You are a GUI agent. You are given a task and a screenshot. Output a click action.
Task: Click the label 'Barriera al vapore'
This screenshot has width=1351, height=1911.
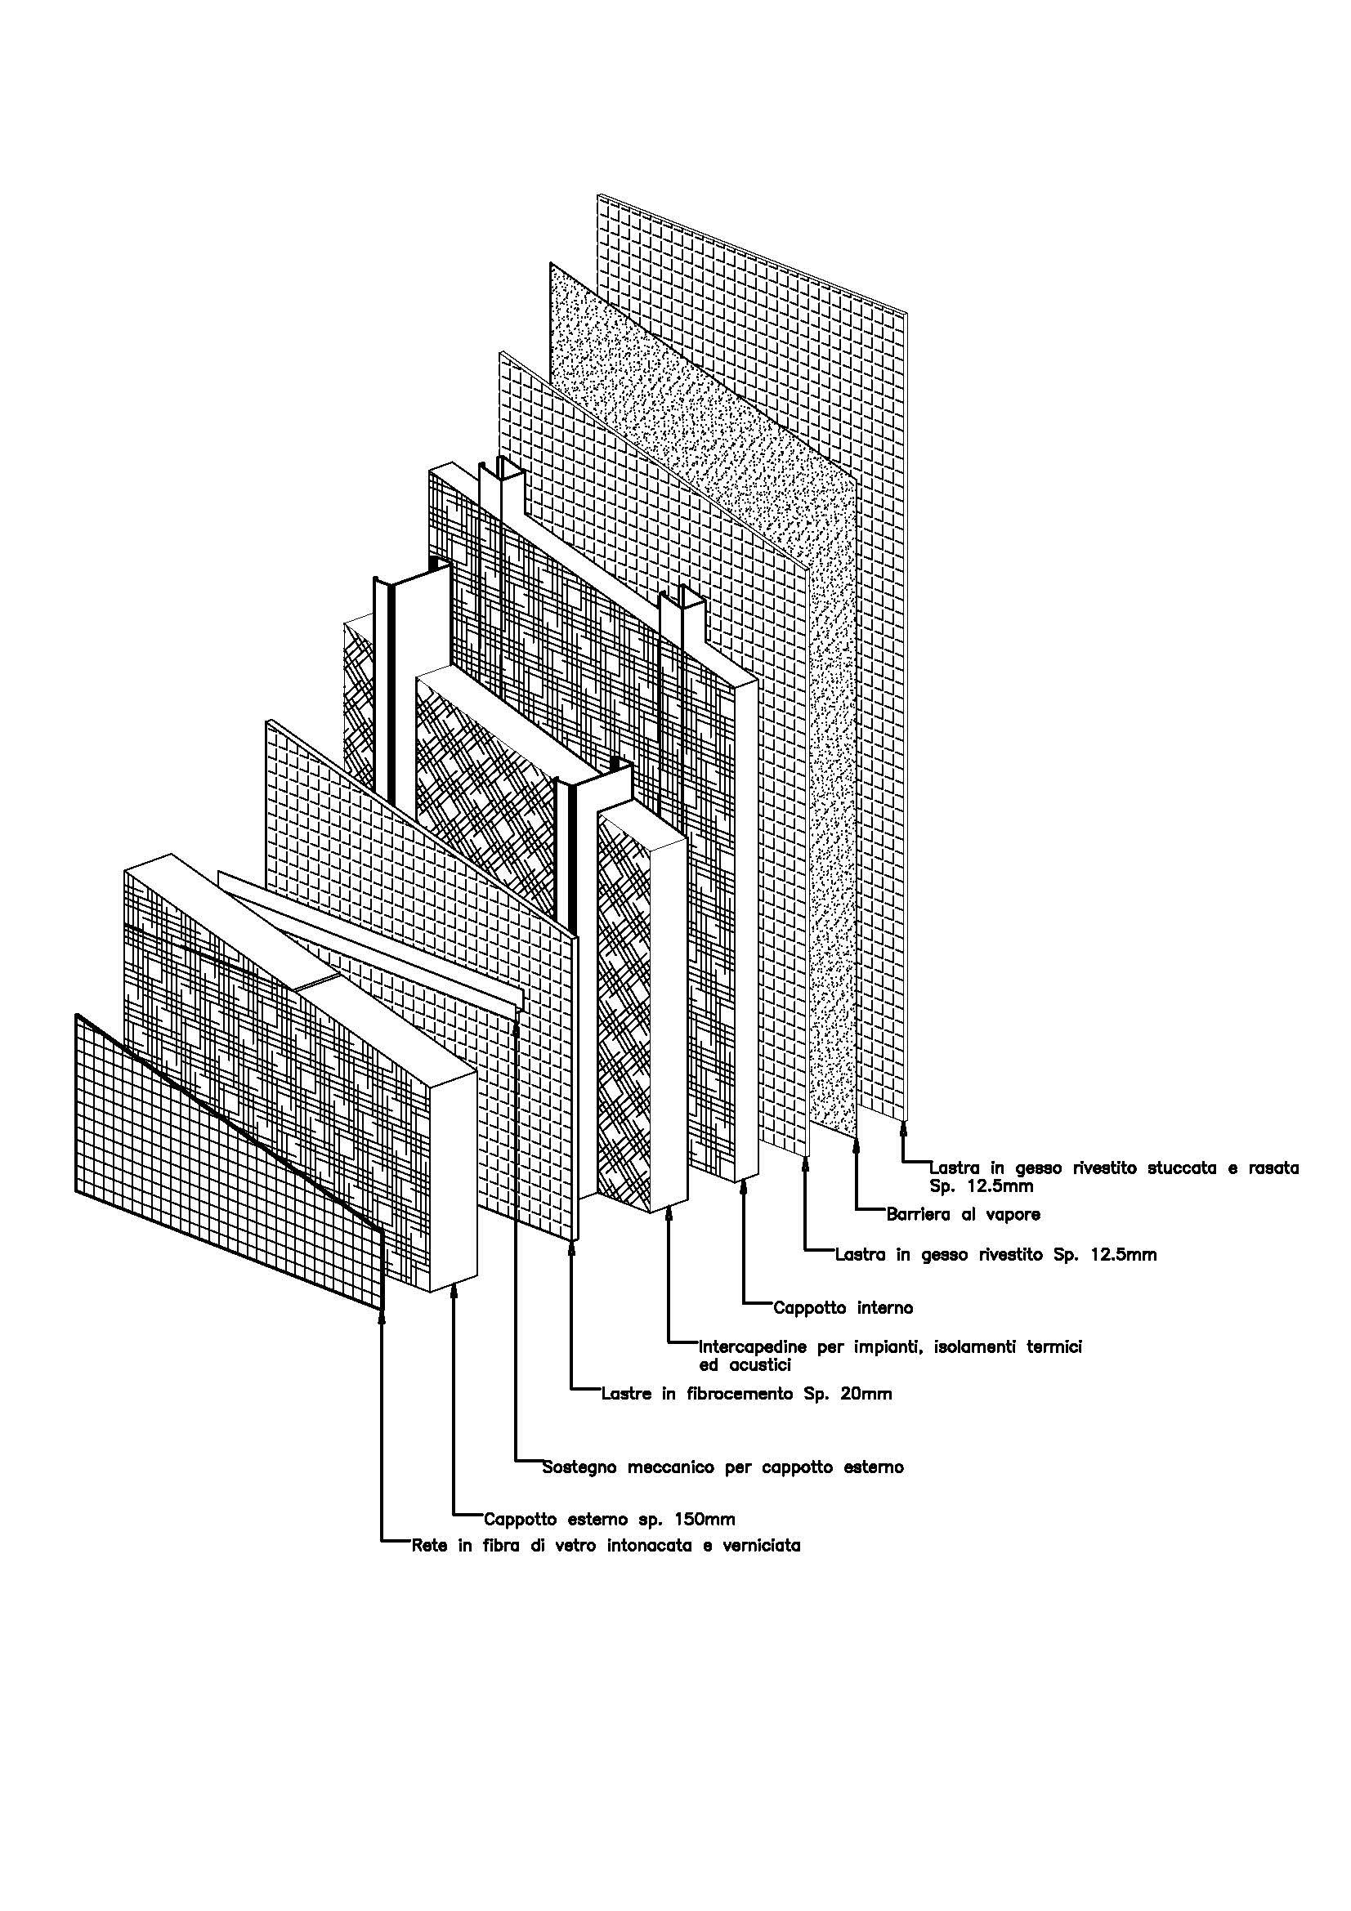point(963,1215)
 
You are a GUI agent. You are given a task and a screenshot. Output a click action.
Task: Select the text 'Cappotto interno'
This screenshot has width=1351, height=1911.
point(843,1307)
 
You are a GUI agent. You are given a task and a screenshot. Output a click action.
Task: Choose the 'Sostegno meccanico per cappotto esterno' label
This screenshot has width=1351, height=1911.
point(722,1467)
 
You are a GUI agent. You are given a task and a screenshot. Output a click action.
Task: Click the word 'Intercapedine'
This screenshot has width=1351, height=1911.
point(754,1346)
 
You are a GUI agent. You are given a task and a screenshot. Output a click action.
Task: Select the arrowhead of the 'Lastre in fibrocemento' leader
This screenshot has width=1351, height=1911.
point(572,1248)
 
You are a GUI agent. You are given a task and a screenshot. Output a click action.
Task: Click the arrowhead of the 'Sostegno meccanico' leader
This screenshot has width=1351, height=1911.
point(517,1020)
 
